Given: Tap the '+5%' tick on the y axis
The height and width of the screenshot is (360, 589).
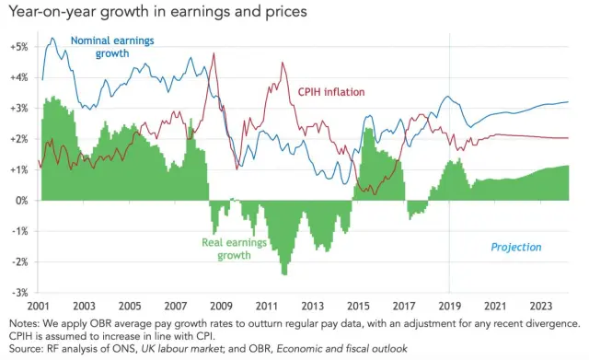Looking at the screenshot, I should [18, 46].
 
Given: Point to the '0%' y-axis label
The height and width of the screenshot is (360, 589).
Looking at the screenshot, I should [20, 200].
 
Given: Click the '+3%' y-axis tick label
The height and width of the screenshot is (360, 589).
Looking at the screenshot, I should [18, 108].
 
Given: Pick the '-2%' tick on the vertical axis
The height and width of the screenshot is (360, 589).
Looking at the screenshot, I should [19, 261].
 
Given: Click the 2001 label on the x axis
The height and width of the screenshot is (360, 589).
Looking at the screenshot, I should [39, 305].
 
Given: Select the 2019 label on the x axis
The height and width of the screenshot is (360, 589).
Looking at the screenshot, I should [449, 305].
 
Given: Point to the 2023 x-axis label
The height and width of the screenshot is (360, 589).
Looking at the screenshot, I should [540, 305].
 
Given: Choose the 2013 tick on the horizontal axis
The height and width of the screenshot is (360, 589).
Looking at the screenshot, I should [312, 305].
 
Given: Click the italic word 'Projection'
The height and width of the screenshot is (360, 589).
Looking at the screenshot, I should [516, 247].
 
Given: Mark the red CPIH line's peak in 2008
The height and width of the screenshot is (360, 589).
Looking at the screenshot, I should [214, 53].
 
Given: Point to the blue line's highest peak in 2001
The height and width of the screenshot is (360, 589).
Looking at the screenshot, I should [52, 39].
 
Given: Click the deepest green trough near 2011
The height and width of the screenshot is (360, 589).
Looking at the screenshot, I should [284, 273].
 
